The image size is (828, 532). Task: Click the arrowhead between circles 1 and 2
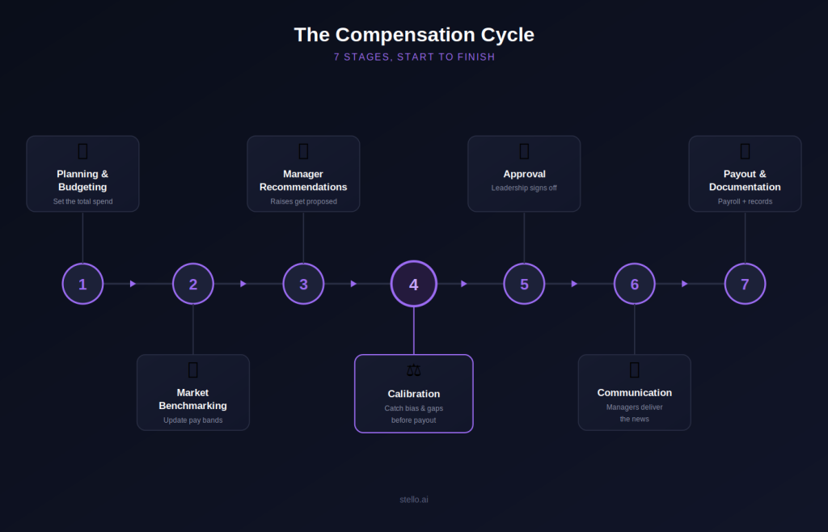133,284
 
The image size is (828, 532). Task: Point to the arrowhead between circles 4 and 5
464,284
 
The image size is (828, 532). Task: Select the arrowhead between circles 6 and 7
685,284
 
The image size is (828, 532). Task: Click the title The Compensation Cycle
414,35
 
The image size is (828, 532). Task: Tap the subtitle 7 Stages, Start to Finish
415,57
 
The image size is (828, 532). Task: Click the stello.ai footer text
414,500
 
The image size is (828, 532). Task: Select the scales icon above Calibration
414,370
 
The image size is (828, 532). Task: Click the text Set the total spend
83,201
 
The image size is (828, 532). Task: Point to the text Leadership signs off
524,188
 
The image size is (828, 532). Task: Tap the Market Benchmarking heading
192,399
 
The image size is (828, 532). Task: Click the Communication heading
635,393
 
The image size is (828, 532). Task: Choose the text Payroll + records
745,201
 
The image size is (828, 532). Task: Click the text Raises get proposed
304,201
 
